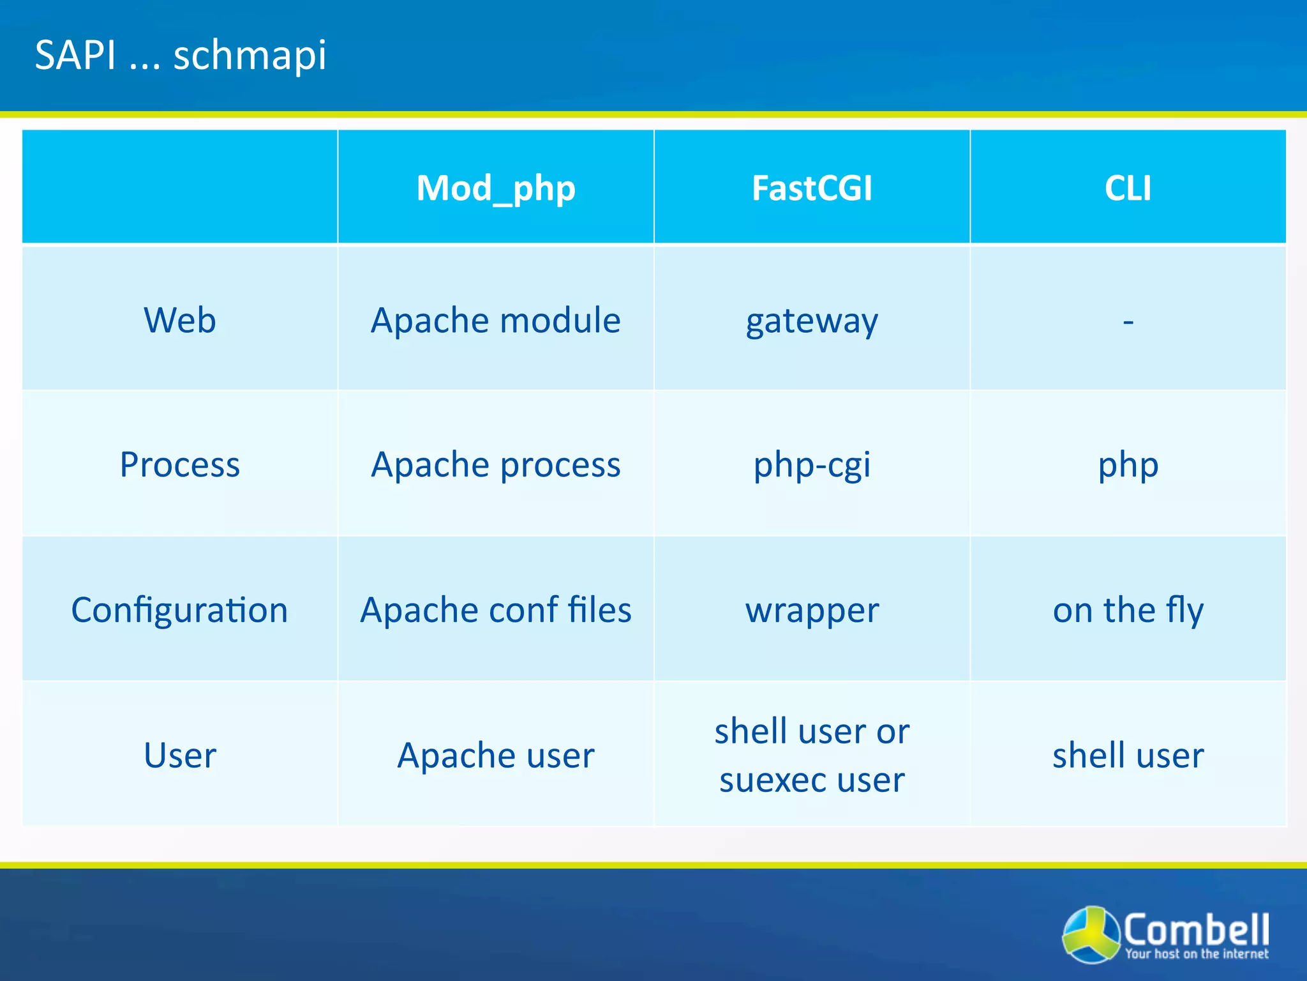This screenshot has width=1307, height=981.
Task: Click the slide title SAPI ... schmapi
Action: (181, 55)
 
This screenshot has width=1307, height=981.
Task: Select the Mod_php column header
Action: (496, 188)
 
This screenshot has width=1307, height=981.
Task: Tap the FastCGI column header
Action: (812, 188)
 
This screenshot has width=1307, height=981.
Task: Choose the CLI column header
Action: (1128, 188)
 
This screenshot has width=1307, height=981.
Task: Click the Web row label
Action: (180, 320)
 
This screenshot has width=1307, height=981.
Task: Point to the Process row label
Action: (180, 464)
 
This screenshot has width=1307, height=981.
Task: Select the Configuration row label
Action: (180, 610)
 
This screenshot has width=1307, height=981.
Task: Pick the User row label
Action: (180, 755)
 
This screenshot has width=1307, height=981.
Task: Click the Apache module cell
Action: (496, 320)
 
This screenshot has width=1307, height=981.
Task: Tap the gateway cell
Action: (812, 321)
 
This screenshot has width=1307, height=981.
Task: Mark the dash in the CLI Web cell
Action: (1128, 321)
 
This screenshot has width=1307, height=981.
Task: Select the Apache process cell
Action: (496, 464)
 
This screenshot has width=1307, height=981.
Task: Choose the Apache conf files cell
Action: (496, 610)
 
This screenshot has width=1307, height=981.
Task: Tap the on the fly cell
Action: (1128, 610)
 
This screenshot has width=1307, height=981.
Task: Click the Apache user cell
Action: (496, 755)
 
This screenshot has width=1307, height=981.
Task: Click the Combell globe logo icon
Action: (1091, 934)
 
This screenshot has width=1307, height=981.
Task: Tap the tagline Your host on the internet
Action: (1197, 954)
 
